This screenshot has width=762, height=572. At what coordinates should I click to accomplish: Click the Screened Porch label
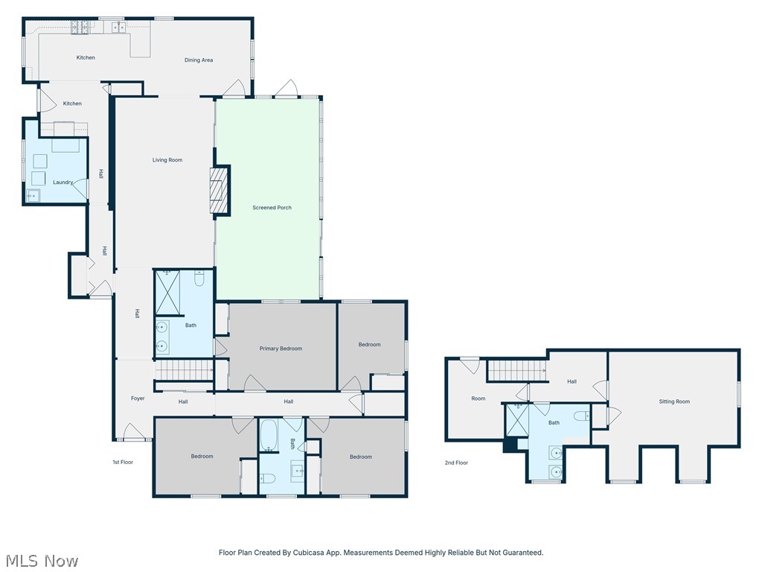click(x=272, y=208)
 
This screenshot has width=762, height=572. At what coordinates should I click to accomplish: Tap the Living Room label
click(x=167, y=160)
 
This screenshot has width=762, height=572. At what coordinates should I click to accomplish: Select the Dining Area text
click(x=198, y=60)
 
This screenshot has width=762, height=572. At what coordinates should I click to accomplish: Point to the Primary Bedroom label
click(x=281, y=349)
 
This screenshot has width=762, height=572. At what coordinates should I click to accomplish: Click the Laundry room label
click(x=63, y=182)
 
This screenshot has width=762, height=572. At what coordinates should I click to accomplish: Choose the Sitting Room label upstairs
click(x=674, y=401)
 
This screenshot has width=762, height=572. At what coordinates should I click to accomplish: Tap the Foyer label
click(x=138, y=398)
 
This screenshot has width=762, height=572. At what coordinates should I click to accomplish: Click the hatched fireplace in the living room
click(x=219, y=190)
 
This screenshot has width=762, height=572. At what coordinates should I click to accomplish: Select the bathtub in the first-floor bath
click(x=269, y=435)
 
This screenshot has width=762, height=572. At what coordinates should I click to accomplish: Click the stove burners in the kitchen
click(x=80, y=28)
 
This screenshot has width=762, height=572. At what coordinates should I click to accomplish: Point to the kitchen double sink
click(x=118, y=28)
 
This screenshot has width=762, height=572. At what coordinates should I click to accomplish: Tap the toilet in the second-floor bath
click(x=582, y=416)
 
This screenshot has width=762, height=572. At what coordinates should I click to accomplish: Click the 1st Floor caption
click(x=123, y=462)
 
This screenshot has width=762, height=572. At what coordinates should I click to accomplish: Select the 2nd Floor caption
click(x=456, y=463)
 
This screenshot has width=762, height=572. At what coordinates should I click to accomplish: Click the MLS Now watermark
click(x=42, y=560)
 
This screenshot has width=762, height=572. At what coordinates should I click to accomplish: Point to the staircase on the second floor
click(x=517, y=371)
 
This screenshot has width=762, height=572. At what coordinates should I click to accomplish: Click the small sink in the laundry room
click(x=33, y=195)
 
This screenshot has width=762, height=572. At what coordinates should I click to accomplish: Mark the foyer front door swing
click(x=133, y=431)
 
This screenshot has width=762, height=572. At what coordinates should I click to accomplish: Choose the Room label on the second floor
click(x=478, y=398)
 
